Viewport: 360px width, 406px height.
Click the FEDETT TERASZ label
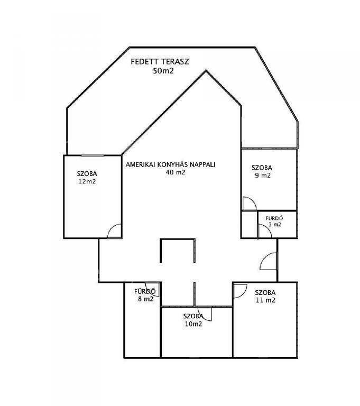click(x=160, y=62)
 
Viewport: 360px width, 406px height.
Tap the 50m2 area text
click(x=163, y=71)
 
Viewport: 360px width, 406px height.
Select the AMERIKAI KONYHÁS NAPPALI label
click(x=171, y=165)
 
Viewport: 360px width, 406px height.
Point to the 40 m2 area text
click(x=176, y=172)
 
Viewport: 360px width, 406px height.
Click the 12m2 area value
click(x=87, y=181)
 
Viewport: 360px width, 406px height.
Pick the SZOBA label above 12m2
click(x=87, y=174)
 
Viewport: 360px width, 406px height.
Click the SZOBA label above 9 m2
click(x=262, y=168)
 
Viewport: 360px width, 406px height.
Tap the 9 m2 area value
click(x=263, y=176)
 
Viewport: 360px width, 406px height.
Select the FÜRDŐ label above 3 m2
click(x=274, y=218)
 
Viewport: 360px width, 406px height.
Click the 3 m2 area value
click(x=275, y=225)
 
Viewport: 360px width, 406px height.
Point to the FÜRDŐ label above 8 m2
click(x=145, y=292)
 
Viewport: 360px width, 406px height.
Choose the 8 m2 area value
click(x=146, y=299)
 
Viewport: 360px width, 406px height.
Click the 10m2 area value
click(x=193, y=324)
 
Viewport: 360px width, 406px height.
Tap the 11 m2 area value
click(x=265, y=300)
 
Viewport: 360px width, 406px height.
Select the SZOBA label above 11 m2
click(x=265, y=293)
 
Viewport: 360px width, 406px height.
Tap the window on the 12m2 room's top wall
click(x=93, y=155)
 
